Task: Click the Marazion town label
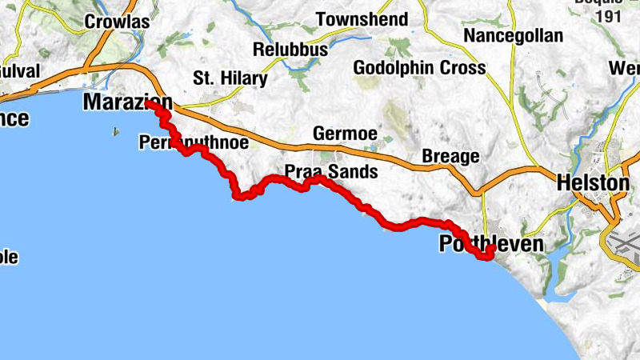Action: [x=126, y=102]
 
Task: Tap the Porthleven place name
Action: [x=491, y=245]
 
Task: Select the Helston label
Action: [x=594, y=183]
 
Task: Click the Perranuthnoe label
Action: [x=193, y=143]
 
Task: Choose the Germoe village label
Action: [x=345, y=134]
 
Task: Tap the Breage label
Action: [x=450, y=156]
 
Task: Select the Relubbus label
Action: [x=290, y=50]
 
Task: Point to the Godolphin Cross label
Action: [x=418, y=68]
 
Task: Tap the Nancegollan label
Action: [x=513, y=36]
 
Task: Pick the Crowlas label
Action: [x=117, y=22]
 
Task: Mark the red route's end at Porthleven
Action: [x=490, y=250]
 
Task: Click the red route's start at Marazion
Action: [x=149, y=103]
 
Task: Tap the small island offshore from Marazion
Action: [x=118, y=132]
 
